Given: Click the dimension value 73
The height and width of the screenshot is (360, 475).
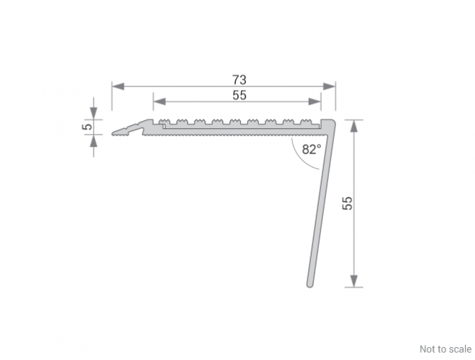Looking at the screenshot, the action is [x=240, y=80].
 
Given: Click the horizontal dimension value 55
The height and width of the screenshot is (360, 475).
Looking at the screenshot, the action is [x=240, y=96].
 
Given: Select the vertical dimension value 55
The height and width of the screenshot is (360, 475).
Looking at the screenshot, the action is [x=347, y=203].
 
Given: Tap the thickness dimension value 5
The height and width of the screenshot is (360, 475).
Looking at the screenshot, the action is [x=87, y=127].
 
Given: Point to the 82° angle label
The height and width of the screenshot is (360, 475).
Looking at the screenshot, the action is [x=312, y=149].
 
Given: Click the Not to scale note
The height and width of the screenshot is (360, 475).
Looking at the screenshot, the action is [x=445, y=349].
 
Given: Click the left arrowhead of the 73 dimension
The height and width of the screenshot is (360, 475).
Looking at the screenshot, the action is [x=118, y=86].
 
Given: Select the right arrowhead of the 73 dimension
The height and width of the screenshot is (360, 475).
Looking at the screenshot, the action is [x=330, y=86].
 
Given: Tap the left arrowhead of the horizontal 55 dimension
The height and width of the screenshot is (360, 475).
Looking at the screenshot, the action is [x=159, y=102].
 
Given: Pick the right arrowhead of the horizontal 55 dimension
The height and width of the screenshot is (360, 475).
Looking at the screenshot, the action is [x=315, y=102].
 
